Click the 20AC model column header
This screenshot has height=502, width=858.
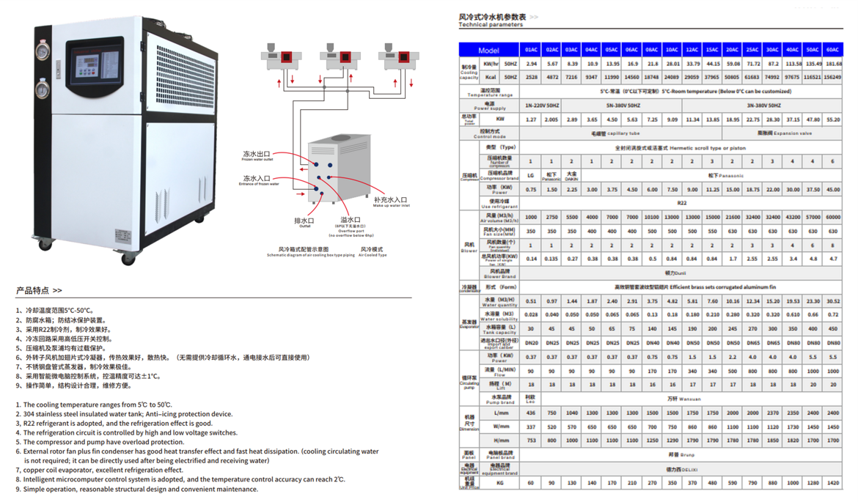pyautogui.click(x=732, y=50)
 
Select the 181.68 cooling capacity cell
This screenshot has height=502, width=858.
pyautogui.click(x=833, y=64)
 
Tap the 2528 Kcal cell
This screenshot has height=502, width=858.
pyautogui.click(x=531, y=76)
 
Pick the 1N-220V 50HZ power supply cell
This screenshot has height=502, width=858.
pyautogui.click(x=541, y=106)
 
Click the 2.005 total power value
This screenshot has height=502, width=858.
pyautogui.click(x=551, y=119)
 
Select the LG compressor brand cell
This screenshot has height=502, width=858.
pyautogui.click(x=531, y=176)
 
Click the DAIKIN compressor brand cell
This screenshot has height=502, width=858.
pyautogui.click(x=571, y=176)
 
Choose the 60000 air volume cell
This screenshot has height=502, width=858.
pyautogui.click(x=833, y=217)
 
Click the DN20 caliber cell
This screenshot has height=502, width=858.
pyautogui.click(x=531, y=342)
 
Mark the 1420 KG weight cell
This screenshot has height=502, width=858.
pyautogui.click(x=833, y=483)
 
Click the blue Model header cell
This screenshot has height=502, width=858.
pyautogui.click(x=488, y=50)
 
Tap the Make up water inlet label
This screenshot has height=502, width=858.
pyautogui.click(x=390, y=201)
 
